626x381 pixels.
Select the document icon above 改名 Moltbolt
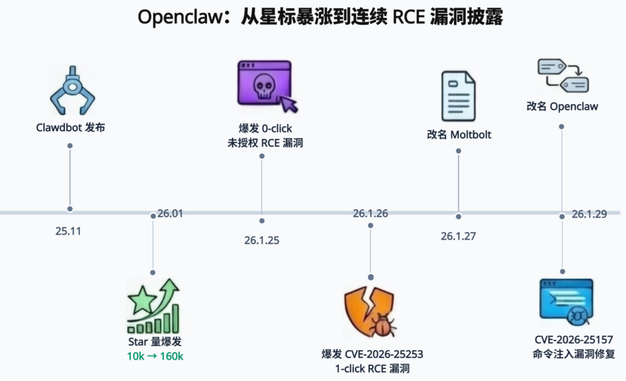tap(458, 96)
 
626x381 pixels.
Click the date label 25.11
tap(68, 231)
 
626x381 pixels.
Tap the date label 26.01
tap(170, 213)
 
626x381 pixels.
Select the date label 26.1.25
tap(261, 240)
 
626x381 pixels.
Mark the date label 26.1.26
tap(370, 213)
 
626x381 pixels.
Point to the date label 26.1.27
tap(458, 236)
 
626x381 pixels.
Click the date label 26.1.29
tap(589, 214)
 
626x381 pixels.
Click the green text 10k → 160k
tap(155, 356)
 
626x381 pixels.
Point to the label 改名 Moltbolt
tap(458, 135)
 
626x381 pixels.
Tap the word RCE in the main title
tap(410, 17)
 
